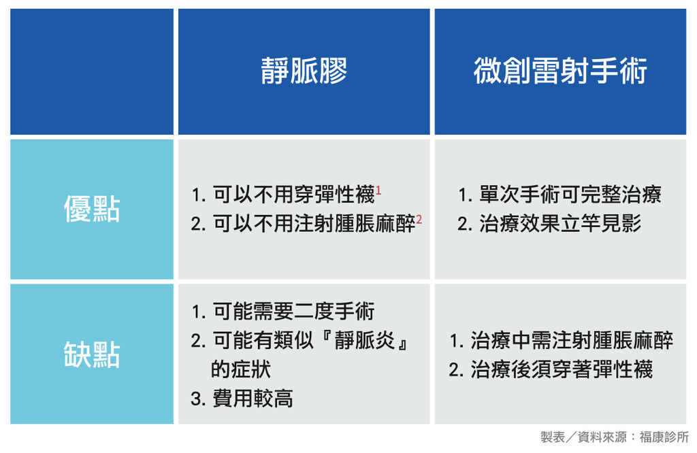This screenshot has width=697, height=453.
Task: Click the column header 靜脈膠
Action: point(304,71)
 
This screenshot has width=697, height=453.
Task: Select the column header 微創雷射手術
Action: point(560,71)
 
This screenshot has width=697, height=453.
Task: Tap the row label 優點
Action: point(92,209)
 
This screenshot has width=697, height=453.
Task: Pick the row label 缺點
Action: point(92,354)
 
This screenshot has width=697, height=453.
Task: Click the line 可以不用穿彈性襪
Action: point(294,195)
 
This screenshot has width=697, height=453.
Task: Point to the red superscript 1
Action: point(378,190)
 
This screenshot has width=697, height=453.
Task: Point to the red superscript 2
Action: point(419,220)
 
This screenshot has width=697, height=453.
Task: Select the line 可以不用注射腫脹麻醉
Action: point(314,223)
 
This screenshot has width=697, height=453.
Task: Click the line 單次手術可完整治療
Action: point(570,195)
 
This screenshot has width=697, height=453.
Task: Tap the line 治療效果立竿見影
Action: point(560,223)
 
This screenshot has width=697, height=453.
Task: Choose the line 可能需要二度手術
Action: point(294,311)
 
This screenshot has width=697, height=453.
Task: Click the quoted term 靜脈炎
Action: point(365,340)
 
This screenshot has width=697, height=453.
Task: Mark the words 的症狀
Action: point(241,369)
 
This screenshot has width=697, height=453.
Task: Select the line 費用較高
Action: point(253,399)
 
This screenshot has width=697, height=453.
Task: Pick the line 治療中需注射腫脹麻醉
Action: point(572,340)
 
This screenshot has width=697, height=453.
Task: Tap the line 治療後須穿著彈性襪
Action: point(562,369)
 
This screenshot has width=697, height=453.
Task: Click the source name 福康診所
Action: point(664,437)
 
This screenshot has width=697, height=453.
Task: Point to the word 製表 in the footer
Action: point(553,437)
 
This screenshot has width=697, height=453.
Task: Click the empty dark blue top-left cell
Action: point(92,71)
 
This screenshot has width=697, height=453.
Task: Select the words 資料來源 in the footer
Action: point(602,437)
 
